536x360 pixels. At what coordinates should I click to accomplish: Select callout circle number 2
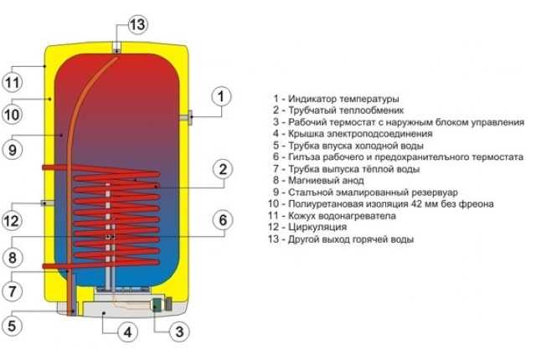(221, 170)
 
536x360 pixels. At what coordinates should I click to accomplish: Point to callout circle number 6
(221, 220)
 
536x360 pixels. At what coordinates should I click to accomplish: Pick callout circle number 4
(126, 332)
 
